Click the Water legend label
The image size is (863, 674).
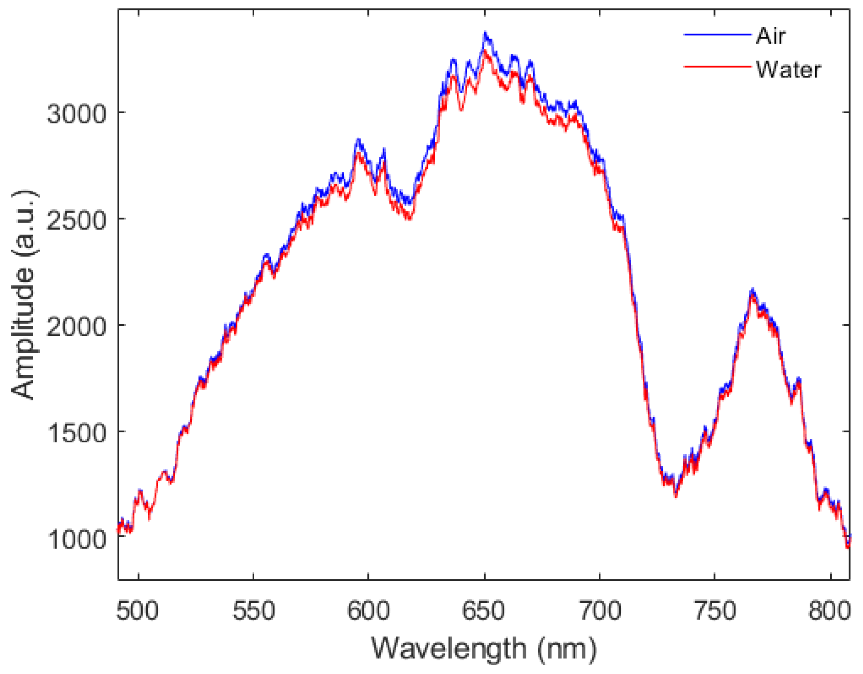788,70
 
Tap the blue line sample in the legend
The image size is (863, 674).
717,35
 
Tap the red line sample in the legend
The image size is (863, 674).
717,66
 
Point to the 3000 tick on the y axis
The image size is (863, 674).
77,114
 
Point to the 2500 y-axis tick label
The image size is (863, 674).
77,220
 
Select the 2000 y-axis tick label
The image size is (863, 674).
77,327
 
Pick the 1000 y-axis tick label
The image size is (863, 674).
77,539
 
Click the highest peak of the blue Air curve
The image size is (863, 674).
485,33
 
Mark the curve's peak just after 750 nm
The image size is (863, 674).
752,290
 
